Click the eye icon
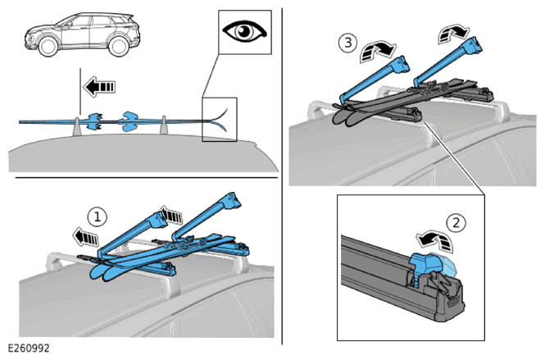[x=245, y=31]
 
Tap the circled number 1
[x=97, y=217]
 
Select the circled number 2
[x=456, y=222]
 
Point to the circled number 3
[x=348, y=43]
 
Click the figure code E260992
[x=29, y=349]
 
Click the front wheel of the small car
[x=48, y=46]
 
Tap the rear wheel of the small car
[x=119, y=46]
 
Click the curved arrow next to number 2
[x=435, y=239]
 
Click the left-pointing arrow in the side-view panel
[x=99, y=87]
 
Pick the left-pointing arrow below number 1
[x=85, y=238]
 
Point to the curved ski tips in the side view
[x=220, y=120]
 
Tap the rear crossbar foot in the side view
[x=164, y=125]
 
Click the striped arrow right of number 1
[x=171, y=215]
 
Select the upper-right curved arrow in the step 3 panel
[x=452, y=34]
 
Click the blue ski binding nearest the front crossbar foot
[x=95, y=121]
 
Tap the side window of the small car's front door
[x=79, y=21]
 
